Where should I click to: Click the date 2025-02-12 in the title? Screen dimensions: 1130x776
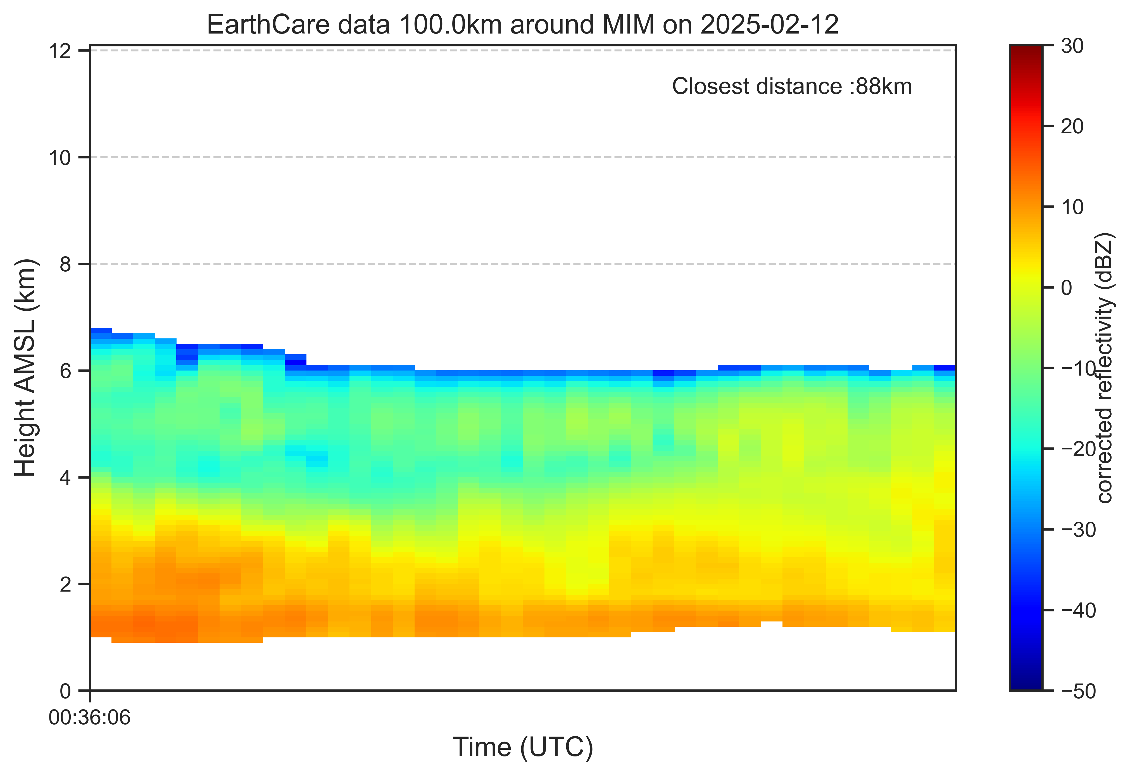(770, 24)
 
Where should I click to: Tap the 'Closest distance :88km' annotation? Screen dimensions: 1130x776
(792, 87)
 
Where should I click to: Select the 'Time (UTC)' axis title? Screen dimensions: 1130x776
(523, 747)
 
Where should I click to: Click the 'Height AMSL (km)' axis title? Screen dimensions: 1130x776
(25, 368)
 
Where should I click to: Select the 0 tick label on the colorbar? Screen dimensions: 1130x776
(1067, 288)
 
